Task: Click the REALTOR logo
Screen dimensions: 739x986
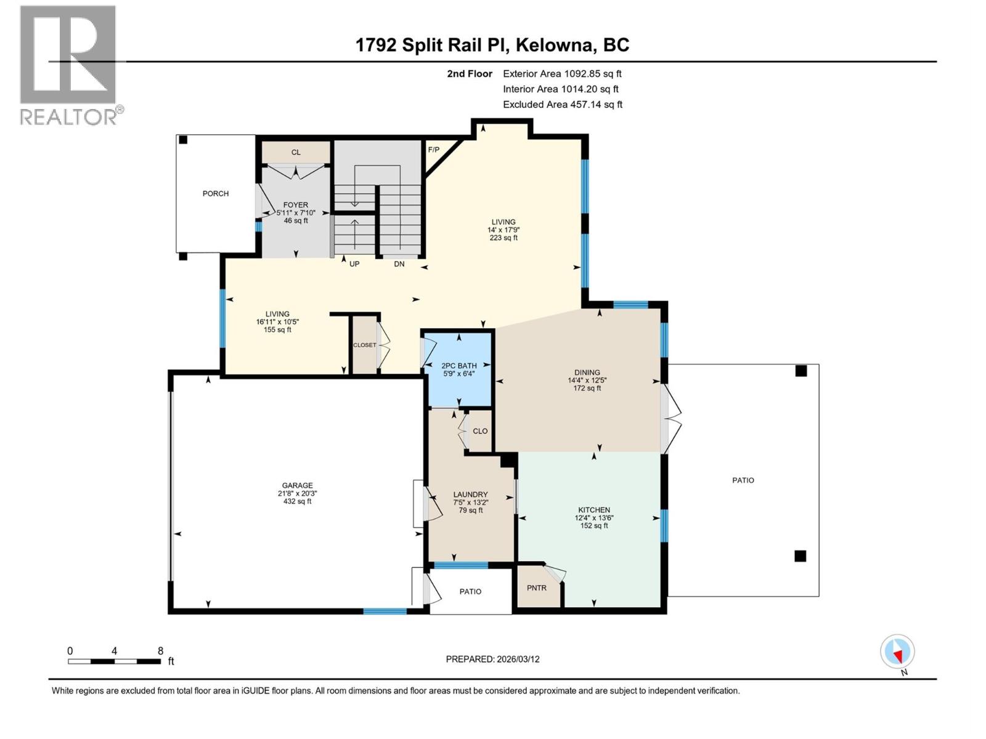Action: (x=68, y=65)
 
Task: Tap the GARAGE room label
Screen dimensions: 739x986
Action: (x=297, y=485)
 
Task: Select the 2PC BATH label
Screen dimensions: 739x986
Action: (x=459, y=365)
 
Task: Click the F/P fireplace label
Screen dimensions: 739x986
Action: (x=434, y=150)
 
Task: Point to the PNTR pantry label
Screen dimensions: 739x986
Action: (x=537, y=588)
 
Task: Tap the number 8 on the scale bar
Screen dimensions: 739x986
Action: (x=160, y=651)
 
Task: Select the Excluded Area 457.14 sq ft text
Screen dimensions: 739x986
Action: (x=562, y=105)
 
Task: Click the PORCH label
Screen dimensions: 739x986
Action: (x=216, y=193)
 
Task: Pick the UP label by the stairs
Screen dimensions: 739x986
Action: (x=354, y=264)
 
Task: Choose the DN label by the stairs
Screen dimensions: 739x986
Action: (x=399, y=264)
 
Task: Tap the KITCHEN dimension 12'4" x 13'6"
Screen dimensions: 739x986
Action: (x=594, y=518)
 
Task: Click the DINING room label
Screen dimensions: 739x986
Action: (x=587, y=372)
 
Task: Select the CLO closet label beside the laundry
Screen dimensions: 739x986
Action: (x=480, y=431)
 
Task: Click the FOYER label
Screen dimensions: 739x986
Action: (x=296, y=205)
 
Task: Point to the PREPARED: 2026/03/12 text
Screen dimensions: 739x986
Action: (x=492, y=659)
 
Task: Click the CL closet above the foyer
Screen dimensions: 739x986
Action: (x=296, y=152)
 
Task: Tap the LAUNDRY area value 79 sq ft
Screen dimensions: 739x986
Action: (x=471, y=511)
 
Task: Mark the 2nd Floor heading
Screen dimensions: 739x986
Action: (x=470, y=74)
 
